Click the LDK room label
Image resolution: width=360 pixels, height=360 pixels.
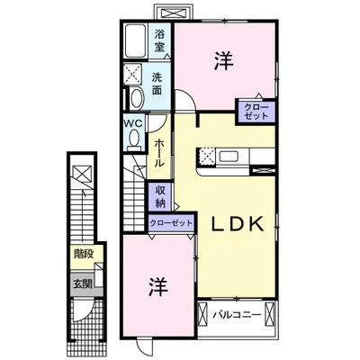tap(238, 224)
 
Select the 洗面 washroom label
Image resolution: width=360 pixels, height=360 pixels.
tap(157, 84)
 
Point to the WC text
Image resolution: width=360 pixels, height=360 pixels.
tap(134, 123)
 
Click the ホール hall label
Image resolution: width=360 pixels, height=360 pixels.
tap(159, 154)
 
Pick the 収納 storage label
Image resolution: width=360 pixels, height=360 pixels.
tap(160, 196)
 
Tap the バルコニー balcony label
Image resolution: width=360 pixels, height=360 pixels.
tap(237, 315)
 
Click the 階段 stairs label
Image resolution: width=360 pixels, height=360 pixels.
tap(84, 254)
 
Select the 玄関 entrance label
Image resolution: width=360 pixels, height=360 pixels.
tap(83, 283)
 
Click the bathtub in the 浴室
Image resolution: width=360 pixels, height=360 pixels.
tap(136, 40)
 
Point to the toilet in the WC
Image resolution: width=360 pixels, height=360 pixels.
tap(134, 139)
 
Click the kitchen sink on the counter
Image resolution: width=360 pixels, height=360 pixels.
tap(229, 157)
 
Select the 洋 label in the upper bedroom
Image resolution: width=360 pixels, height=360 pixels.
tap(224, 61)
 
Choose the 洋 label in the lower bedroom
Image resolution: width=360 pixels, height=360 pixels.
tap(158, 286)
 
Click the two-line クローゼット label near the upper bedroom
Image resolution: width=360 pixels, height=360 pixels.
tap(256, 112)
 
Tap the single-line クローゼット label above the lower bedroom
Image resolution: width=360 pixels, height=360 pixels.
tap(171, 223)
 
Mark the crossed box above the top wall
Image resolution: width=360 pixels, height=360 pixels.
tap(173, 13)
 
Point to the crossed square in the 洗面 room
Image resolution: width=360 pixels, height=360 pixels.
tap(133, 73)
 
